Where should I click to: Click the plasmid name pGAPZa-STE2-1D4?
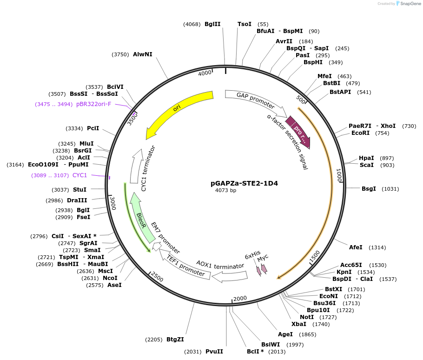244,183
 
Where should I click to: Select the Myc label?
263,258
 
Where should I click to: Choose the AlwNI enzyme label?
143,54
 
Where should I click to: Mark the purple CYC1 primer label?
79,175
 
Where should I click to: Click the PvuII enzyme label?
214,352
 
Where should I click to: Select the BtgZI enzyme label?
175,340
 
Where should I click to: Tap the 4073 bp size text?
226,190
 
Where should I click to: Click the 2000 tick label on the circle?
240,299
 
